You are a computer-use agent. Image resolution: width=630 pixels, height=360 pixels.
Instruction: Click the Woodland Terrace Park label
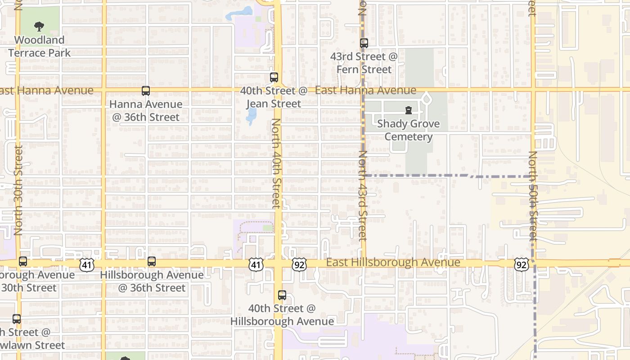[40, 46]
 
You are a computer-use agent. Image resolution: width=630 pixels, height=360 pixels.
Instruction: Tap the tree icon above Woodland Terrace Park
[40, 27]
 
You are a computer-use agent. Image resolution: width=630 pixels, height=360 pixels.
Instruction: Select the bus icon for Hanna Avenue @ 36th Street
[146, 91]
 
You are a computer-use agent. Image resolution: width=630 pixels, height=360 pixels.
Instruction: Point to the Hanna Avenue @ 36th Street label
[146, 111]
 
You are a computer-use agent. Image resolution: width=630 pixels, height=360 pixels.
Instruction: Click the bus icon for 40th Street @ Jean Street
[274, 77]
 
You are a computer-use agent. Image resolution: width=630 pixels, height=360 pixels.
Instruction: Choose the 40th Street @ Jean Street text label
[274, 97]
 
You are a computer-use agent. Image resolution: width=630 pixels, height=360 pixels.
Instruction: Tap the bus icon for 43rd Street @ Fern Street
[364, 43]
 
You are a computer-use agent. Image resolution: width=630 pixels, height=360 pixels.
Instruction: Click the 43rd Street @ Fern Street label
[364, 63]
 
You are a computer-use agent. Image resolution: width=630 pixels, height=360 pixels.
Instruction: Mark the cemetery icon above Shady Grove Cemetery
[409, 110]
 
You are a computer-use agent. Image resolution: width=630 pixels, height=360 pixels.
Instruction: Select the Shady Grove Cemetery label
[409, 130]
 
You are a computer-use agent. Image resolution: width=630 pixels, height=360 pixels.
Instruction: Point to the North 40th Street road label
[276, 163]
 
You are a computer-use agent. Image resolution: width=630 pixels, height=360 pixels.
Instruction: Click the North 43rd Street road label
[363, 196]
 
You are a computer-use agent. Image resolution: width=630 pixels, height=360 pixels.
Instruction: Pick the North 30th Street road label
[18, 190]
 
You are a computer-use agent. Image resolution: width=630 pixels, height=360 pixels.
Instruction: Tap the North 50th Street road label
[533, 195]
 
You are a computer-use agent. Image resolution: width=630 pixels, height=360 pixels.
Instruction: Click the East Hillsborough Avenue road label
[393, 262]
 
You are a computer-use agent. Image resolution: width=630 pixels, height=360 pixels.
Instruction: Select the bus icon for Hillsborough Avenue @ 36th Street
[152, 261]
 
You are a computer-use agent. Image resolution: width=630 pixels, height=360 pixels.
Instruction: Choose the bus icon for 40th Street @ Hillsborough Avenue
[282, 295]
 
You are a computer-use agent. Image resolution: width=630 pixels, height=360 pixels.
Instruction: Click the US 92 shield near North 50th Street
[521, 265]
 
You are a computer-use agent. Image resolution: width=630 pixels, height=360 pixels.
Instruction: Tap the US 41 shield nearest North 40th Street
[256, 265]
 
